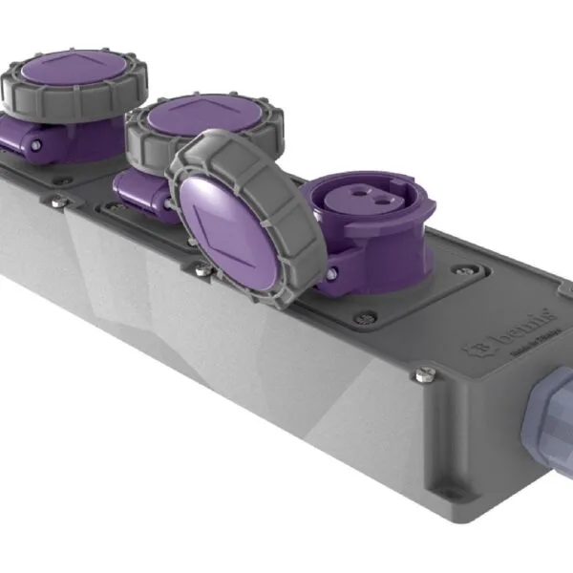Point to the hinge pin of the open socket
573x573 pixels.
coord(330,275)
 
